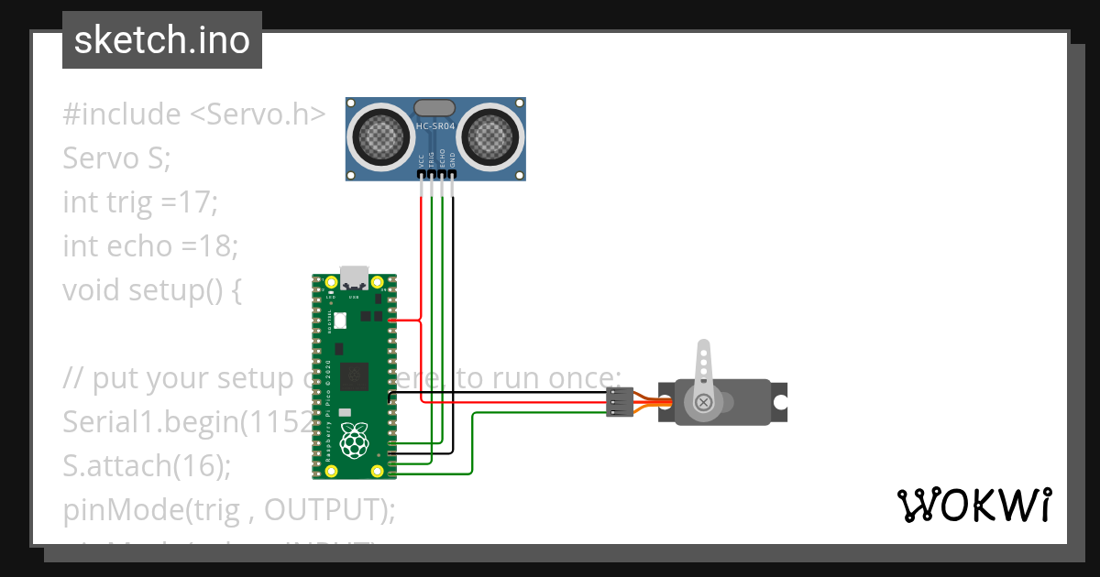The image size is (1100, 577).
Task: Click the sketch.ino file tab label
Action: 162,40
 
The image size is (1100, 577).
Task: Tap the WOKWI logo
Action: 973,505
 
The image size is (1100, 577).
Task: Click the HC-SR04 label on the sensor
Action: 435,125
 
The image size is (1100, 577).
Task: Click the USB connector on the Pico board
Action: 354,278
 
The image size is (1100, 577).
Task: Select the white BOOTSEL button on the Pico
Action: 341,321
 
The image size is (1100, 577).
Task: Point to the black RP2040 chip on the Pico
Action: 354,376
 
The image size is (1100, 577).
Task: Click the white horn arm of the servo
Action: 703,366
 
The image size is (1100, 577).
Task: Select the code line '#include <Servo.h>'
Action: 194,114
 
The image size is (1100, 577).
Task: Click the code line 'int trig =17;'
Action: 140,201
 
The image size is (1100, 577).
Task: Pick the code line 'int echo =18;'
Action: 150,245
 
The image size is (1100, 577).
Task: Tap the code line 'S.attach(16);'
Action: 147,465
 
